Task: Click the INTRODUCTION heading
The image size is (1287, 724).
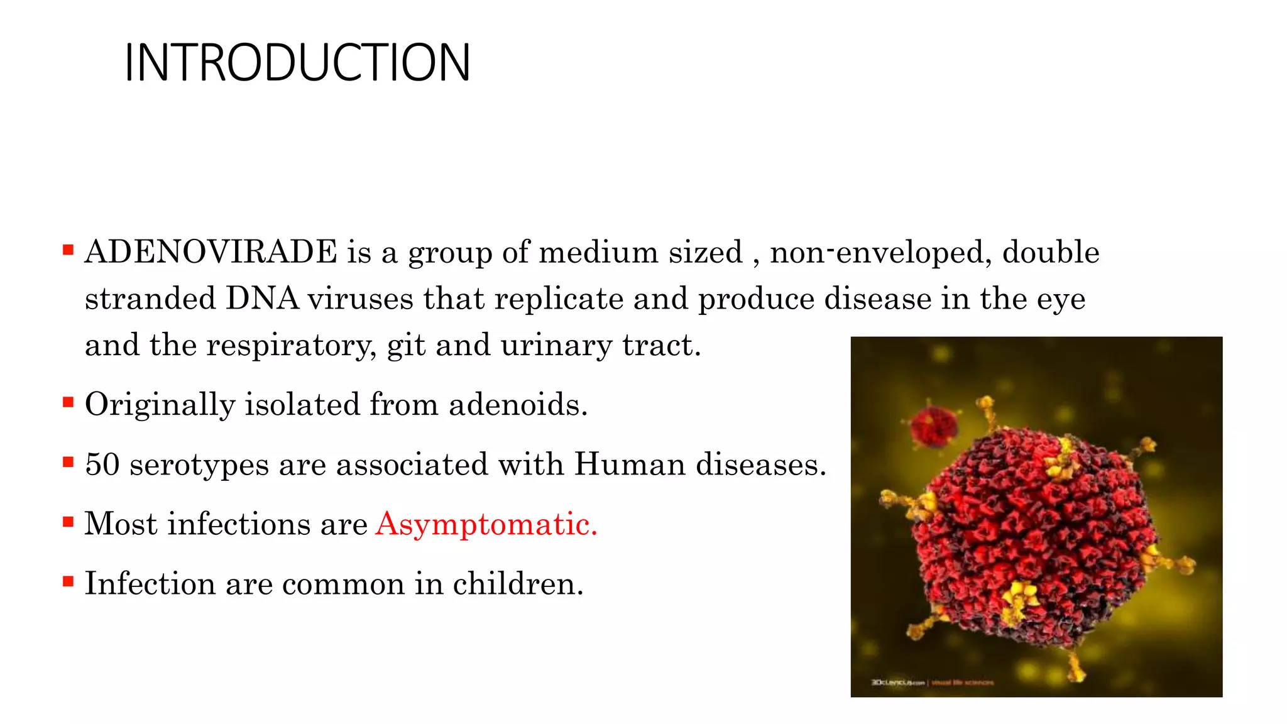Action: pyautogui.click(x=297, y=63)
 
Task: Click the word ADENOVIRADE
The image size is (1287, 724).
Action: pyautogui.click(x=211, y=253)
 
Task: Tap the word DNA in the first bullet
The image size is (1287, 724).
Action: pyautogui.click(x=262, y=299)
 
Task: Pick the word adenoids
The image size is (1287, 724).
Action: pyautogui.click(x=518, y=404)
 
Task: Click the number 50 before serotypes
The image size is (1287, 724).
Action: pyautogui.click(x=102, y=465)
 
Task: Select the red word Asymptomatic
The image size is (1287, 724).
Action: pyautogui.click(x=486, y=524)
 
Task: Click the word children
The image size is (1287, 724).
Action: pyautogui.click(x=518, y=584)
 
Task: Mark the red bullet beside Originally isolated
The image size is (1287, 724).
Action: pyautogui.click(x=68, y=402)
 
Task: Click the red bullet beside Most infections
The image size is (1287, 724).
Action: pyautogui.click(x=68, y=522)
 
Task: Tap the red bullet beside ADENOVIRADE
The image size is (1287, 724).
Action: pyautogui.click(x=68, y=251)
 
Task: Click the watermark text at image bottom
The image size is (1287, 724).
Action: pyautogui.click(x=933, y=682)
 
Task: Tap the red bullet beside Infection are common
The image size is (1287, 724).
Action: pyautogui.click(x=68, y=581)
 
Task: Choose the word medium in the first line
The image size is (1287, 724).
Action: pyautogui.click(x=598, y=253)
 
